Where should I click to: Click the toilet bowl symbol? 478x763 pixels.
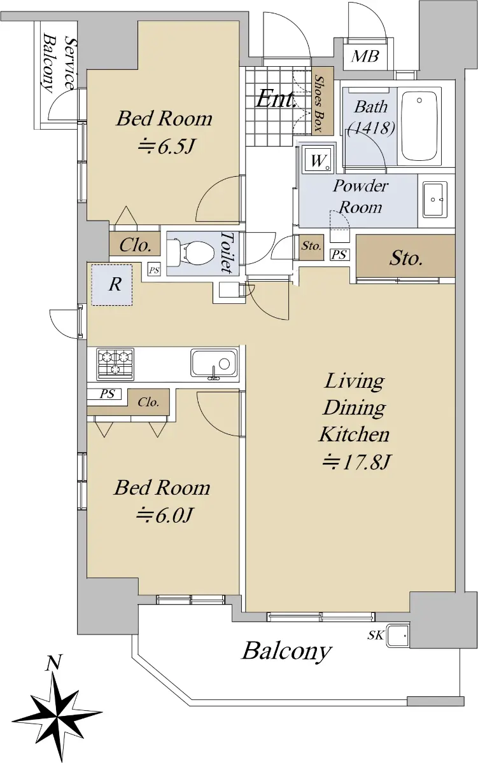(190, 253)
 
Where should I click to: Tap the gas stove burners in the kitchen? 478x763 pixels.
(115, 364)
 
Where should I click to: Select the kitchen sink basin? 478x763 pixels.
(213, 364)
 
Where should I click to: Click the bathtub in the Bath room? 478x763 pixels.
(419, 126)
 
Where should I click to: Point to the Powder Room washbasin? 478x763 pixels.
(435, 199)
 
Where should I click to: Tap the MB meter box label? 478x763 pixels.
(365, 56)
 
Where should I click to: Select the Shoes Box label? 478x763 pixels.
(320, 102)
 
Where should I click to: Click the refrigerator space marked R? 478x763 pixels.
(112, 285)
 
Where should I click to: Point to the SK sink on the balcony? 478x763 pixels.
(398, 635)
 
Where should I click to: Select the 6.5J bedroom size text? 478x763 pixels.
(166, 146)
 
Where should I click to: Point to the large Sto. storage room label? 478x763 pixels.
(405, 258)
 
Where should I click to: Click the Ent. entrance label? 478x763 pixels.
(276, 99)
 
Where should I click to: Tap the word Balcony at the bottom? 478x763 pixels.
(286, 652)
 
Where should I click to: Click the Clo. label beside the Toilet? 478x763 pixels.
(135, 245)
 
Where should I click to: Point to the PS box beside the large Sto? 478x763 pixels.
(340, 254)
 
